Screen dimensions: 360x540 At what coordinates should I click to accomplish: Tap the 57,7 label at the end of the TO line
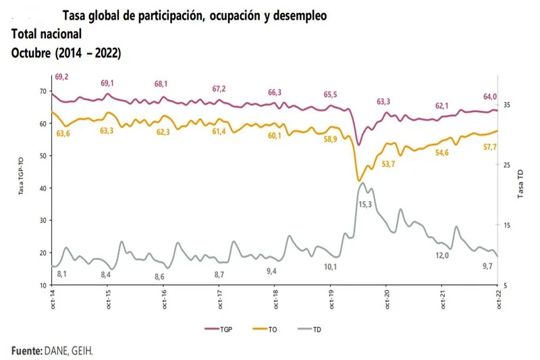coord(491,147)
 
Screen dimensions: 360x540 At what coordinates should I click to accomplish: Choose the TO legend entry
coord(267,329)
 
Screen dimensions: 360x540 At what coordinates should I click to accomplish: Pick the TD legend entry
coord(312,329)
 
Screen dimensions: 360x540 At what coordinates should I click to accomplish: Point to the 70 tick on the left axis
coord(43,91)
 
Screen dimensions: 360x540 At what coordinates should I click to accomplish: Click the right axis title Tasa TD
coord(521,183)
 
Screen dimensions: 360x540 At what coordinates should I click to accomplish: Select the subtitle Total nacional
coord(47,33)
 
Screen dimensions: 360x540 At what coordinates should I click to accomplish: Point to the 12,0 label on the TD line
coord(443,255)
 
